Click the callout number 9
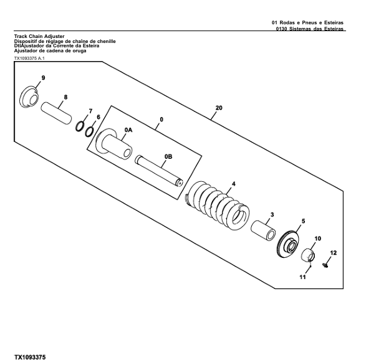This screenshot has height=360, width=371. (x=43, y=78)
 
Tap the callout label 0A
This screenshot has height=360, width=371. (x=128, y=130)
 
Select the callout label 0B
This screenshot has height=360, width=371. (x=168, y=156)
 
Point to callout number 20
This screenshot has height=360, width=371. (x=219, y=108)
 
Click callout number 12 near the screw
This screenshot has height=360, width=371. (x=333, y=253)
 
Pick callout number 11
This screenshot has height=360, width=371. (x=302, y=277)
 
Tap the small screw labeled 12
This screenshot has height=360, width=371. (x=325, y=265)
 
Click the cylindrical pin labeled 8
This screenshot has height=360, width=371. (x=56, y=113)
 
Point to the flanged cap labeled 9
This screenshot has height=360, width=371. (x=29, y=97)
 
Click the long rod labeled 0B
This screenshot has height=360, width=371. (x=159, y=171)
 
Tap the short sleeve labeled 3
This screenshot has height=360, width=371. (x=263, y=230)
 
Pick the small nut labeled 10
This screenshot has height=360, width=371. (x=308, y=255)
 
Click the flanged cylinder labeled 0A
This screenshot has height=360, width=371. (x=114, y=144)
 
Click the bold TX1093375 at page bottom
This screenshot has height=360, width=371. (x=30, y=357)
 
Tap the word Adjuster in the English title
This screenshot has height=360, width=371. (x=54, y=36)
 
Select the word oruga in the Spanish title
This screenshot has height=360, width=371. (x=80, y=50)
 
